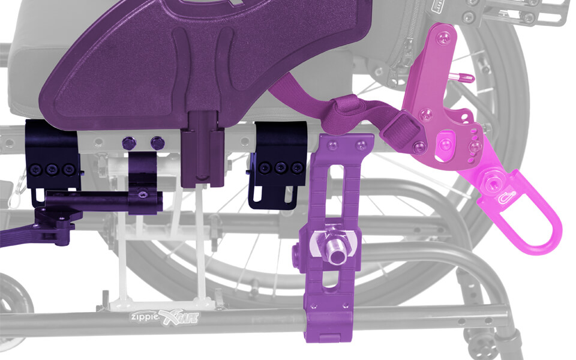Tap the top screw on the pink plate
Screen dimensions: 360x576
pos(442,37)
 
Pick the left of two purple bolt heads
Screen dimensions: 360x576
pos(127,143)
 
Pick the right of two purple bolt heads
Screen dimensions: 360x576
pos(157,143)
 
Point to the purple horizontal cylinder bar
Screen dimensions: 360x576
pos(102,200)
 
